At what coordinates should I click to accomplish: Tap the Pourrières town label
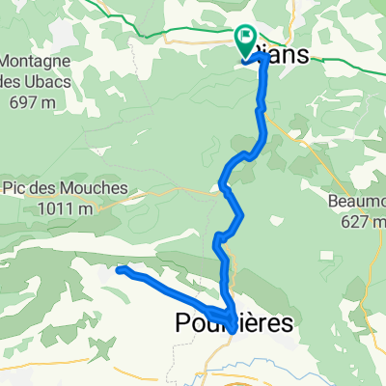pyautogui.click(x=233, y=325)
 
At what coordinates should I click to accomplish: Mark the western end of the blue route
pyautogui.click(x=119, y=270)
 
